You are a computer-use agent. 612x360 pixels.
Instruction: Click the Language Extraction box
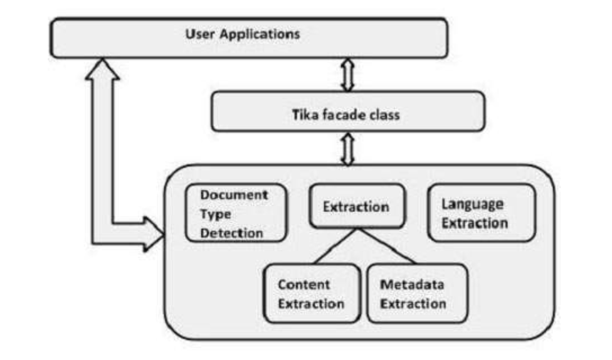(x=482, y=213)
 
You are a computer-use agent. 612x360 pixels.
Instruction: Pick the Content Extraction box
(x=312, y=294)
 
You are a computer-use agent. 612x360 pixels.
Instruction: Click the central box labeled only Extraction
(x=356, y=206)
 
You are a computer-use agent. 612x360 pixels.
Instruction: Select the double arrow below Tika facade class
(x=347, y=148)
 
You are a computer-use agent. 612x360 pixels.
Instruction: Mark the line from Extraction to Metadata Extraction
(x=386, y=246)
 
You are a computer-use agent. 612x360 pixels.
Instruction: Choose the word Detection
(x=231, y=233)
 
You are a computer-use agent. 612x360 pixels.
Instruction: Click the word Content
(x=303, y=284)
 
